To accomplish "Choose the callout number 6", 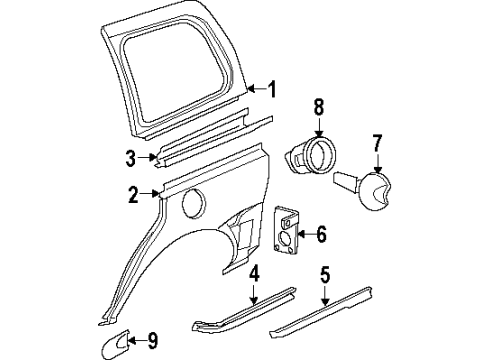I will [x=321, y=236].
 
